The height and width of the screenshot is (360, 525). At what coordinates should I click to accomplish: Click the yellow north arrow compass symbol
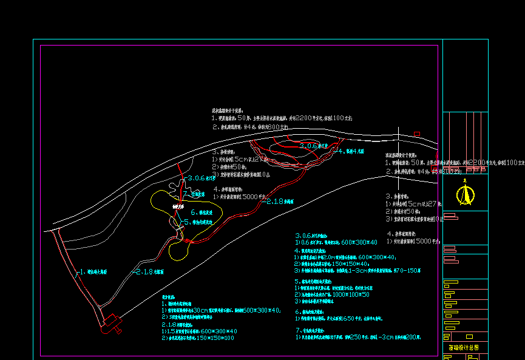pyautogui.click(x=466, y=194)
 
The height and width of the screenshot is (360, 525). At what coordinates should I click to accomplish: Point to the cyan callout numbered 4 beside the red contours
pyautogui.click(x=351, y=151)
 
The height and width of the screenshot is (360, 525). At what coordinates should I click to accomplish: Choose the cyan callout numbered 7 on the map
pyautogui.click(x=194, y=194)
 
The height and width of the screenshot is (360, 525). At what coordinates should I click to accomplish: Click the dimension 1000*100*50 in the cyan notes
pyautogui.click(x=347, y=294)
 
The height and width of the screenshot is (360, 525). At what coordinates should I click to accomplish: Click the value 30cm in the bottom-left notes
pyautogui.click(x=201, y=310)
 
